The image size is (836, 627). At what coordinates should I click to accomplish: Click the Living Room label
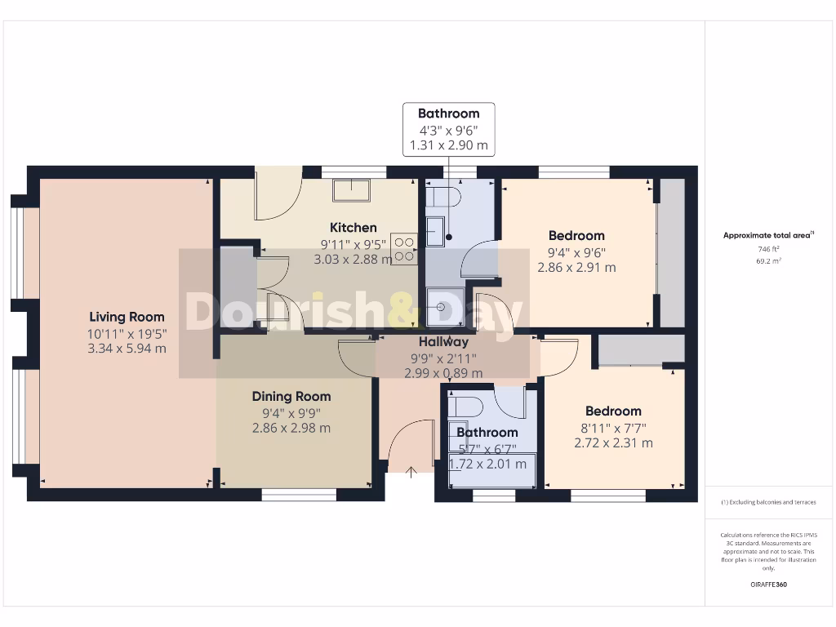pyautogui.click(x=127, y=317)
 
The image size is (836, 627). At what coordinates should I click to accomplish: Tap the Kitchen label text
pyautogui.click(x=353, y=228)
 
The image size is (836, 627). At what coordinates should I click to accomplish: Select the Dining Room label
pyautogui.click(x=291, y=396)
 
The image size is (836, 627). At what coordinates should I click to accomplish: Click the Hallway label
pyautogui.click(x=443, y=342)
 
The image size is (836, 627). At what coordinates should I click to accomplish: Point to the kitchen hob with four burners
pyautogui.click(x=404, y=248)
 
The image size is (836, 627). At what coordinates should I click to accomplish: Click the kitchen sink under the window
pyautogui.click(x=351, y=190)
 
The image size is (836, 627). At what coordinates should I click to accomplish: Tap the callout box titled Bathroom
pyautogui.click(x=448, y=129)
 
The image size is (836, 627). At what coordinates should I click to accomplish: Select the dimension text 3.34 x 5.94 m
pyautogui.click(x=127, y=348)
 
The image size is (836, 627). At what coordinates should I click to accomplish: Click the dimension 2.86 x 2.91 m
pyautogui.click(x=576, y=267)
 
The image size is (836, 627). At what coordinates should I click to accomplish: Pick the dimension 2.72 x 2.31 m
pyautogui.click(x=613, y=442)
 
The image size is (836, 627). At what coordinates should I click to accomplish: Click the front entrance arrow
pyautogui.click(x=411, y=471)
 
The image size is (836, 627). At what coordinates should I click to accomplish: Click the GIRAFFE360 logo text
pyautogui.click(x=768, y=584)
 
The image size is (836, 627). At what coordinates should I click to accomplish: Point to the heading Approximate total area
pyautogui.click(x=767, y=235)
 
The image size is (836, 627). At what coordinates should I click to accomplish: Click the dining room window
pyautogui.click(x=299, y=495)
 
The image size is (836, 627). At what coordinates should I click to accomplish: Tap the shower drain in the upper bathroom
pyautogui.click(x=441, y=307)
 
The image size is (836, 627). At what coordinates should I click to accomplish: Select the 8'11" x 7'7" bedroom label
pyautogui.click(x=613, y=427)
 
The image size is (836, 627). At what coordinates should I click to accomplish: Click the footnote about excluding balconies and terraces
pyautogui.click(x=767, y=502)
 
